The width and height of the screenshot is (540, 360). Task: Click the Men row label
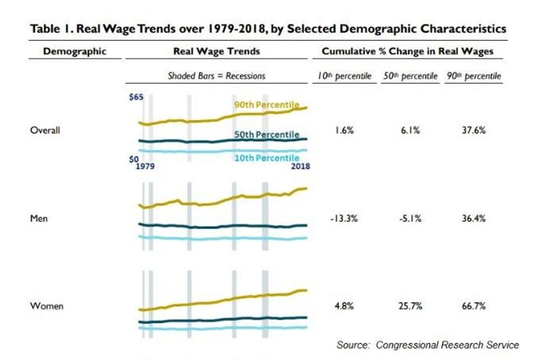coord(39,218)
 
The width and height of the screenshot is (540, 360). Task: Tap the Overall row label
coord(44,131)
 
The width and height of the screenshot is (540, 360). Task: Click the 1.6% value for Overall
coord(344,131)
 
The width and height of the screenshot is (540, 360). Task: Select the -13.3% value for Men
coord(344,218)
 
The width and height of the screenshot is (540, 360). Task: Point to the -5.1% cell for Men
coord(409,218)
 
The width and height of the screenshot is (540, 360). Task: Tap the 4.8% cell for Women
coord(344,307)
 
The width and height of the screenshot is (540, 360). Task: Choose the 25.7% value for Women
coord(409,307)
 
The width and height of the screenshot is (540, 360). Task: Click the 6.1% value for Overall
coord(409,131)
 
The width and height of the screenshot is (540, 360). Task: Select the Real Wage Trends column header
coord(217,52)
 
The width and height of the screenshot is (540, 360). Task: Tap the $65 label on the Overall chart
coord(136,98)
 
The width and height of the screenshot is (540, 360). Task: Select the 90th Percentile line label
coord(267,105)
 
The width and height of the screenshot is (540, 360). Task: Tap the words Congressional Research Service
coord(447,345)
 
